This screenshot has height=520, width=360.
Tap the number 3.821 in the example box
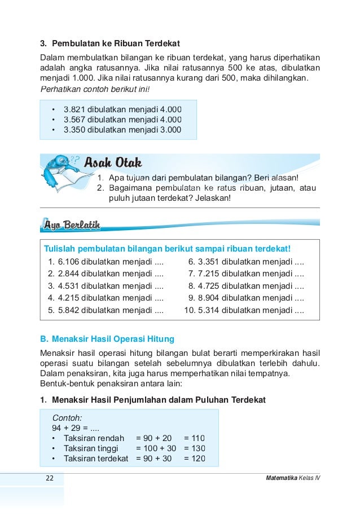[x=74, y=109]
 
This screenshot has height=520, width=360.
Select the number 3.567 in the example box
[x=74, y=119]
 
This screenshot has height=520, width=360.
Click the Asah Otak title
[x=112, y=164]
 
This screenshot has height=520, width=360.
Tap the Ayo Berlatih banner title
[x=72, y=226]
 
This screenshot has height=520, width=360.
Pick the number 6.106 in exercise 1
[x=69, y=262]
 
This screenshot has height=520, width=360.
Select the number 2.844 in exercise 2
[x=69, y=274]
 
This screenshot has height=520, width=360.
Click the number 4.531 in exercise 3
[x=69, y=285]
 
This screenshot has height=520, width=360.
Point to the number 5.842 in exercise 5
[x=69, y=310]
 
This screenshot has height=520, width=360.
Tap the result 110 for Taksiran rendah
[x=197, y=438]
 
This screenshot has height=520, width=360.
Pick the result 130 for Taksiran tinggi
[x=197, y=448]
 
